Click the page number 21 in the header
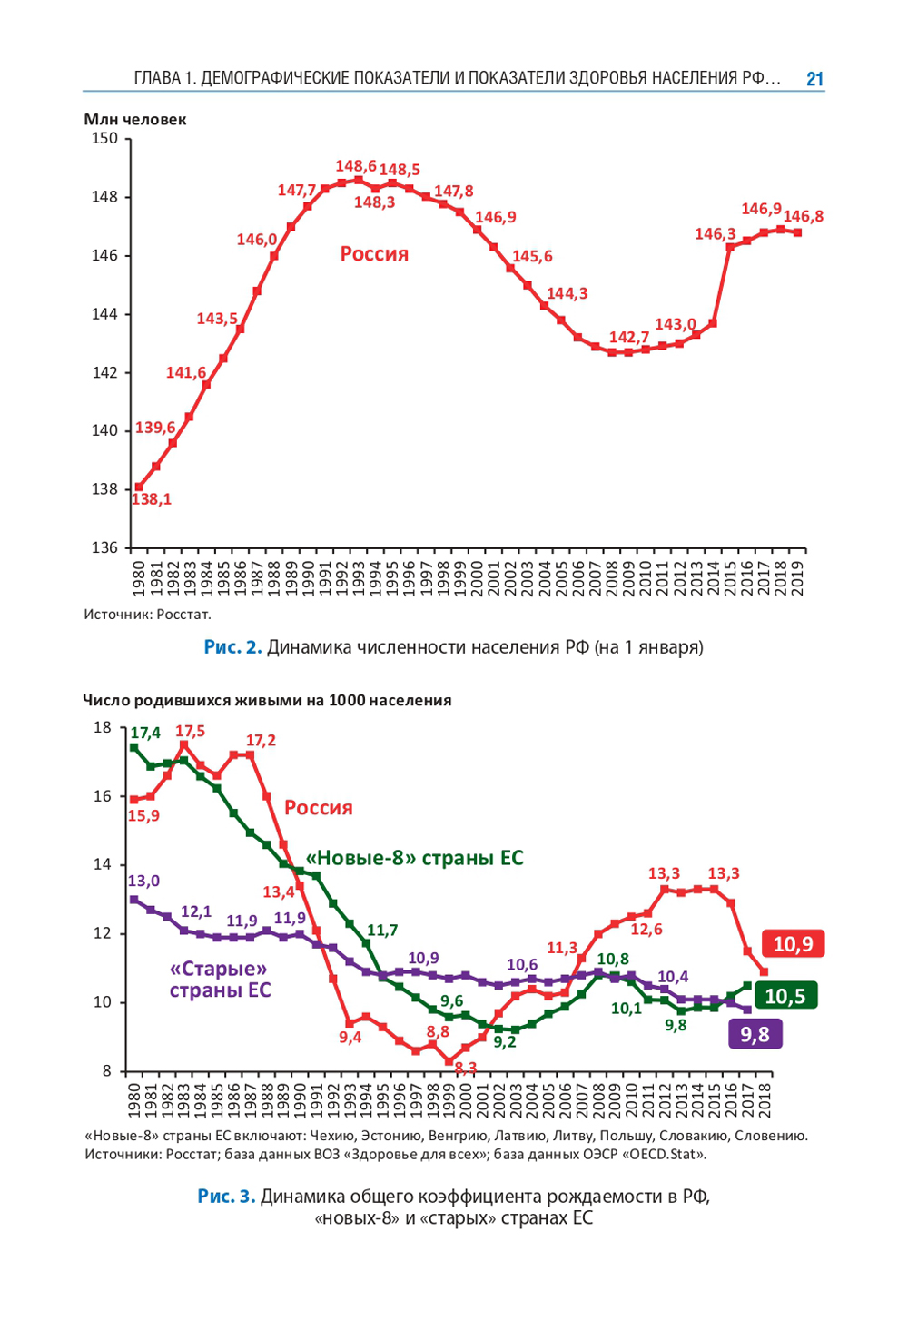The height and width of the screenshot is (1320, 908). point(814,79)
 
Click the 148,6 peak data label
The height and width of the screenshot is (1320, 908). point(355,166)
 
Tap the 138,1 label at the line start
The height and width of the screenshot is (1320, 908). point(152,499)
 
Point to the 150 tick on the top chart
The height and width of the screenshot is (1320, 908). point(105,139)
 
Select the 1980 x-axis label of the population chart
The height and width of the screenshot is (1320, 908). point(139,576)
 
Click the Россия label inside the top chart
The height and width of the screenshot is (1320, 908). point(374,254)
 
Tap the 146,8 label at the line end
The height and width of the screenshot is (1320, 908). point(804,217)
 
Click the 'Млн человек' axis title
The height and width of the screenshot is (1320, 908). point(135,120)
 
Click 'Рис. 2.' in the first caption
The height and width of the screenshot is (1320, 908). point(232,647)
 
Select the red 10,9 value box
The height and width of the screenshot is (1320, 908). point(793,944)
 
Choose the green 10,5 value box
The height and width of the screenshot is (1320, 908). point(785,996)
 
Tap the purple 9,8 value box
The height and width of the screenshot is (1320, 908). point(755,1034)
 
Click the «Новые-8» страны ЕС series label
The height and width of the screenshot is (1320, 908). point(415,858)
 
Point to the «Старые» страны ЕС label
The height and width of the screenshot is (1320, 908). point(220,979)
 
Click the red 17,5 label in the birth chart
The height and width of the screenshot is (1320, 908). point(190,732)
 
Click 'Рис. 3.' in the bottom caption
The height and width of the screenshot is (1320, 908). point(226,1197)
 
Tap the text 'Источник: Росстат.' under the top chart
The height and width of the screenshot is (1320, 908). point(147,615)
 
